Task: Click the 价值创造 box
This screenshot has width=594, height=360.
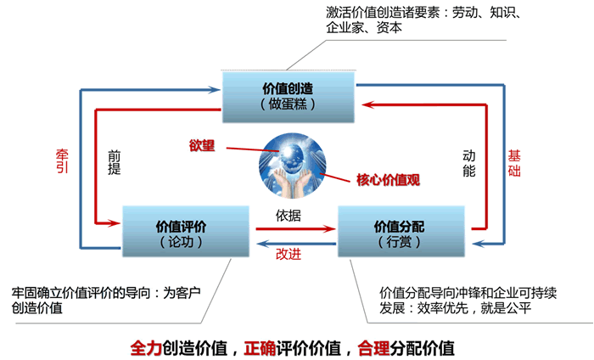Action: [x=289, y=97]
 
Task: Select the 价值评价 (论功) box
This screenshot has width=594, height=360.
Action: [x=186, y=232]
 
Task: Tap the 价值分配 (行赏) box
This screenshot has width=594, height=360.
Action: [x=401, y=232]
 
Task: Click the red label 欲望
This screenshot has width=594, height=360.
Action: [x=202, y=145]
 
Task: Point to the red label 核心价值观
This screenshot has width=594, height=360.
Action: [x=389, y=180]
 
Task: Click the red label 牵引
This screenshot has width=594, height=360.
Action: [x=62, y=161]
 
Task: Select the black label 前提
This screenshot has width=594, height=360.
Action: [x=114, y=162]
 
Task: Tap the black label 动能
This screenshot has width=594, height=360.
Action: [x=469, y=163]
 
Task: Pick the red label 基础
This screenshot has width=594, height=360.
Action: [x=514, y=163]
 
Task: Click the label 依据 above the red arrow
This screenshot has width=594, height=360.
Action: [x=289, y=216]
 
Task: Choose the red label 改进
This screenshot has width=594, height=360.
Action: [x=289, y=254]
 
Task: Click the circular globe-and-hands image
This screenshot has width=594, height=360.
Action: [x=292, y=166]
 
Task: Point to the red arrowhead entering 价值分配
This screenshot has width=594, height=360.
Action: [x=330, y=229]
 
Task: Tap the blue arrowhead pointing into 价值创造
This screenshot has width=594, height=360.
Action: [x=214, y=90]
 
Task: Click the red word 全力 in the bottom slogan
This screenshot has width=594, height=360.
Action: [x=146, y=348]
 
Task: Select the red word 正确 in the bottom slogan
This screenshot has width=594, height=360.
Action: [x=260, y=348]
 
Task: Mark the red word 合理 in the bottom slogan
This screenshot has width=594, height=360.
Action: [x=373, y=348]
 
